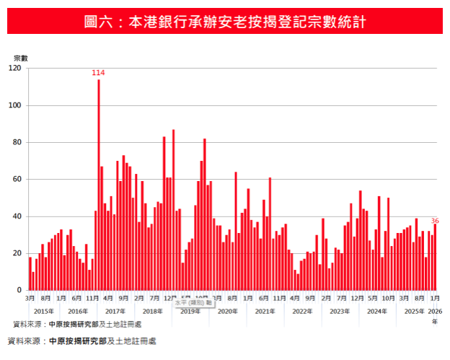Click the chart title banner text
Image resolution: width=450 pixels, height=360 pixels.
pos(225,22)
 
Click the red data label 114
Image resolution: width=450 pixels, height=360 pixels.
pos(98,73)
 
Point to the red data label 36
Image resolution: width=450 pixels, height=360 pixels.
pos(435,221)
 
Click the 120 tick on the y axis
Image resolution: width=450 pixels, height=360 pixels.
pos(15,69)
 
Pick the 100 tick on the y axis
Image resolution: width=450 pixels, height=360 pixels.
pos(15,105)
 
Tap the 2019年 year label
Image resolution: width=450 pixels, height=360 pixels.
pos(190,311)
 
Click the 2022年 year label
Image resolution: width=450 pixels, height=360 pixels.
pos(302,311)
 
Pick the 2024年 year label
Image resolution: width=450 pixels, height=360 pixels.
pos(377,311)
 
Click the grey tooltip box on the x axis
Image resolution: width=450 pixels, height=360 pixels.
pos(193,304)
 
